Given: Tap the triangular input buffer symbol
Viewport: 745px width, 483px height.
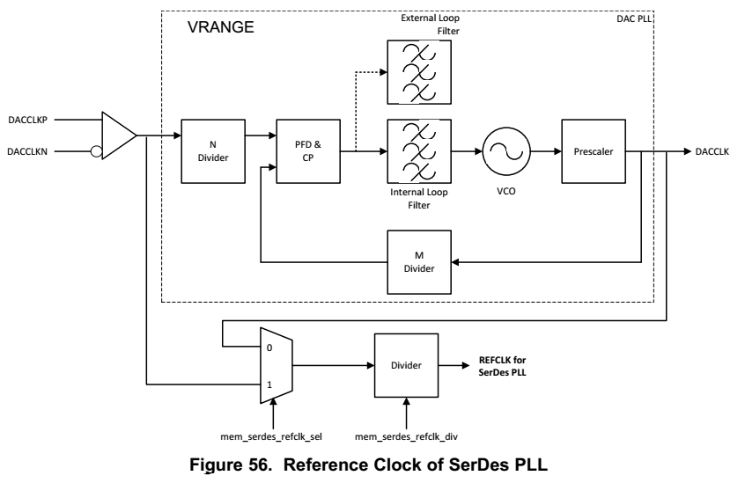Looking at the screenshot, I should click(118, 135).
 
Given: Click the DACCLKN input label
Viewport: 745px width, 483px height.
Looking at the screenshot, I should click(31, 151).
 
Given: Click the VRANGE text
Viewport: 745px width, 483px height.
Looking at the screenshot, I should click(221, 27).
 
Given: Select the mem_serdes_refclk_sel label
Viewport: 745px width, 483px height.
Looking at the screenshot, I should click(274, 435).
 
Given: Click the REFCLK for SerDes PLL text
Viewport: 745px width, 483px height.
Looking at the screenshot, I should click(502, 364).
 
